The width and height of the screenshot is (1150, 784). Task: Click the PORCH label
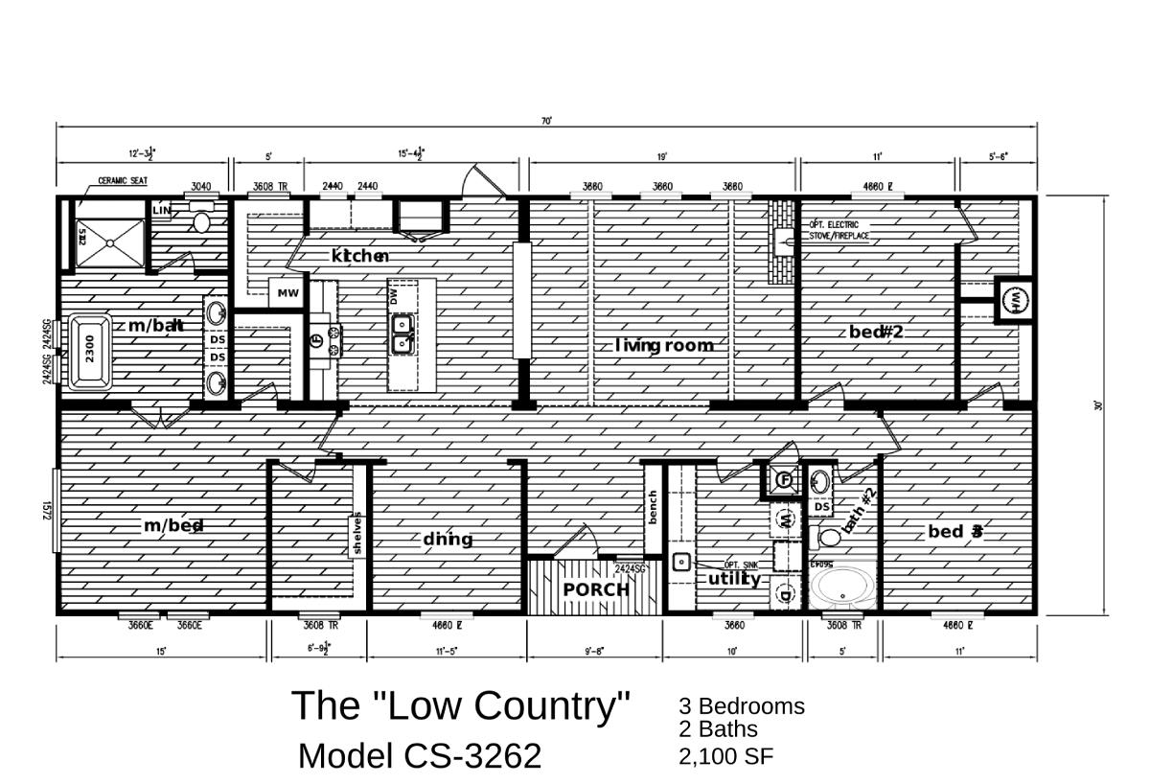(x=596, y=589)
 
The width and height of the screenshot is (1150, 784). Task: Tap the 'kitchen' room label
(x=359, y=256)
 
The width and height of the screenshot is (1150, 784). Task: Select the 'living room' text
(x=664, y=345)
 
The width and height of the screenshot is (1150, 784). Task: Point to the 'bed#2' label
(x=876, y=332)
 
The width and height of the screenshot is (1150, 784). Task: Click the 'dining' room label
(x=448, y=539)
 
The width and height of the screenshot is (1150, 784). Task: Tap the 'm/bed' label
(x=173, y=525)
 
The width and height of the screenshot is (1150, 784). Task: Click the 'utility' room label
(x=735, y=579)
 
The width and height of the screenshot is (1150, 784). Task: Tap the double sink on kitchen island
(x=403, y=332)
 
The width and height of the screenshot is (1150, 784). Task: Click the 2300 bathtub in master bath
(x=89, y=354)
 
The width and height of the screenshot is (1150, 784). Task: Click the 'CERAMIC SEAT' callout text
(x=122, y=180)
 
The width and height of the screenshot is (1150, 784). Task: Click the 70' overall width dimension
(x=546, y=122)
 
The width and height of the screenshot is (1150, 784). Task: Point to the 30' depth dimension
(x=1098, y=405)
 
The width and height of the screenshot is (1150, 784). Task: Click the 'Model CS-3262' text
(x=420, y=755)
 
